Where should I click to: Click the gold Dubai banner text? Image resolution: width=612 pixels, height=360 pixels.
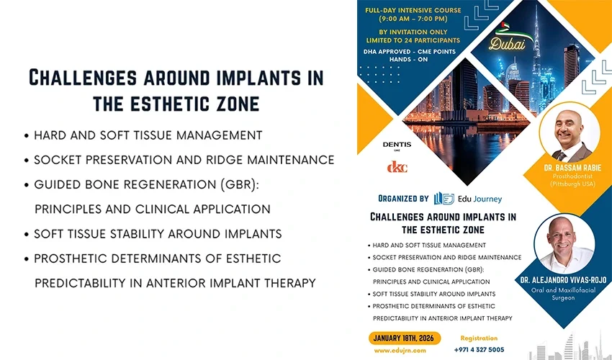click(x=506, y=45)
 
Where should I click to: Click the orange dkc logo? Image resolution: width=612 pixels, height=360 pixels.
click(x=397, y=166)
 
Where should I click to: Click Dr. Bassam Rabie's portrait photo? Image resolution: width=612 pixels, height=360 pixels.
click(x=572, y=134)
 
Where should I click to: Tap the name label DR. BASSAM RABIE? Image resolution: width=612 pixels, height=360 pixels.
click(x=573, y=166)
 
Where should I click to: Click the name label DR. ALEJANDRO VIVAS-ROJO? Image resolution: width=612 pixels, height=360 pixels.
click(x=564, y=279)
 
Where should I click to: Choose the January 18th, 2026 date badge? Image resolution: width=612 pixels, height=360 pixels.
click(x=405, y=338)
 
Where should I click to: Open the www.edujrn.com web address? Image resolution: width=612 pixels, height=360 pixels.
click(x=395, y=351)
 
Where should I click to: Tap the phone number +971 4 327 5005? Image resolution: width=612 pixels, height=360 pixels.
click(x=480, y=349)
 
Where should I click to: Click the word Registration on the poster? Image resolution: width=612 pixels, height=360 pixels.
click(x=479, y=338)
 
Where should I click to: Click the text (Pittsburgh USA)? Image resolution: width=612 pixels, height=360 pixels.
click(x=573, y=184)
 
